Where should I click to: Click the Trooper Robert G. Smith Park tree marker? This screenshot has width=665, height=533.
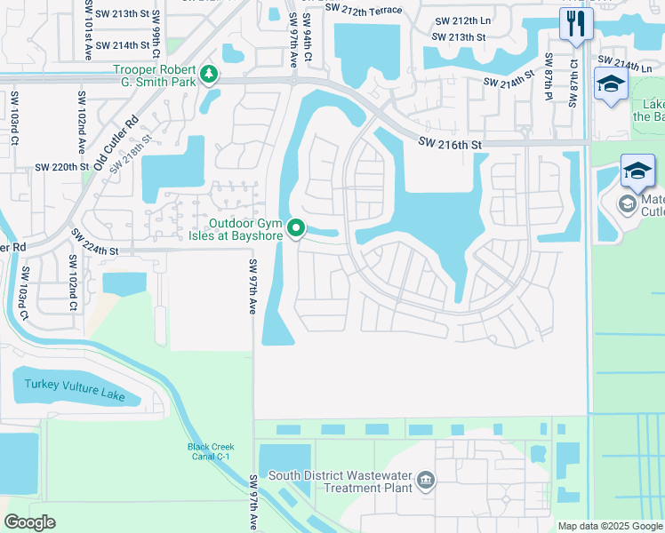pyautogui.click(x=209, y=73)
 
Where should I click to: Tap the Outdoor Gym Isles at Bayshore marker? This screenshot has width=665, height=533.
pyautogui.click(x=297, y=229)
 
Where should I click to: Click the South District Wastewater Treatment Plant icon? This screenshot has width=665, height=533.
pyautogui.click(x=426, y=481)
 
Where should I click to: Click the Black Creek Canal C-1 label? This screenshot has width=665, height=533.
pyautogui.click(x=209, y=450)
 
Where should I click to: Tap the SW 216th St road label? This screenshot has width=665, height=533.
pyautogui.click(x=451, y=144)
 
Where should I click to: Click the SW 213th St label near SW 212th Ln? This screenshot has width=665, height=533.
pyautogui.click(x=459, y=37)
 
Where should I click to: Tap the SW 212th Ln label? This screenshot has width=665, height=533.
pyautogui.click(x=463, y=21)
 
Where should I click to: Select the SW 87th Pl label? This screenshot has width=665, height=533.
pyautogui.click(x=549, y=75)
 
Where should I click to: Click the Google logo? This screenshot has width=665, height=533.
pyautogui.click(x=29, y=522)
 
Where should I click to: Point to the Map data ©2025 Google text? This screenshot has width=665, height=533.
pyautogui.click(x=610, y=526)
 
